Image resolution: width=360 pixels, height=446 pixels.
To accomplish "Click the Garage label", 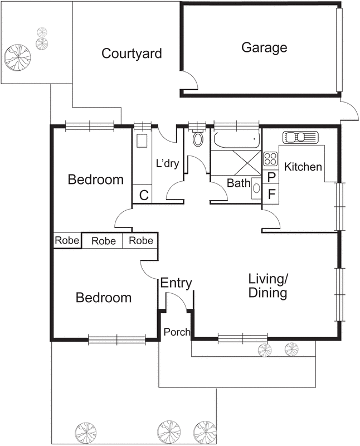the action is tap(264, 48).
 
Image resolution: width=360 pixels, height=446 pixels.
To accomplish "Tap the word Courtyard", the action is tap(132, 54).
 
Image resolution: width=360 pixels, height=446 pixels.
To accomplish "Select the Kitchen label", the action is tap(303, 167).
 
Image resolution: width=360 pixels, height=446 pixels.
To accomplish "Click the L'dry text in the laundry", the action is tap(168, 163).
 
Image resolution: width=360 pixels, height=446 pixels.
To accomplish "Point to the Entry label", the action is tap(176, 283).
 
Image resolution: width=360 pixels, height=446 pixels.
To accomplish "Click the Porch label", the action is tap(177, 332).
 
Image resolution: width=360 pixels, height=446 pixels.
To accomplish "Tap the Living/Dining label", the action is tap(268, 286).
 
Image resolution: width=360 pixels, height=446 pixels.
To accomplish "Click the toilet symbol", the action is tap(198, 138).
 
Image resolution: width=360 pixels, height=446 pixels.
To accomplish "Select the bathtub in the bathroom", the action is tap(237, 140).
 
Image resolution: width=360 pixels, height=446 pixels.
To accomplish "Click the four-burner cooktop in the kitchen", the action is tap(270, 159).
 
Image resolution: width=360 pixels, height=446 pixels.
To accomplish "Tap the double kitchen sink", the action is tap(300, 137).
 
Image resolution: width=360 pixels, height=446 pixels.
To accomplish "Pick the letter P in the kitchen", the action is tap(271, 177).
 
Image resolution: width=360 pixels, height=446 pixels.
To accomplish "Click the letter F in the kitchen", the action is tap(271, 194).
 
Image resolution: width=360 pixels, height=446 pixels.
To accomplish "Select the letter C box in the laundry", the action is tap(142, 194).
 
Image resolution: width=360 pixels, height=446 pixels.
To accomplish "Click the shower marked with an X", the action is tap(247, 163).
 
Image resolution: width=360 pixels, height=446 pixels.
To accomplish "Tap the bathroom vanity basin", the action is tap(256, 188).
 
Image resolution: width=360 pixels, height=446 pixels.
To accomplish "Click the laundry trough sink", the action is tap(142, 140).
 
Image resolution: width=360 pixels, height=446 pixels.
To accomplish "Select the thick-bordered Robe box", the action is tap(67, 241).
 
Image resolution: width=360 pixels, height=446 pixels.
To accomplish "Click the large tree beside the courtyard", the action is tap(18, 57).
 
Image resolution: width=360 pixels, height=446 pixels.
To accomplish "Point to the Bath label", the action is tap(239, 183).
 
